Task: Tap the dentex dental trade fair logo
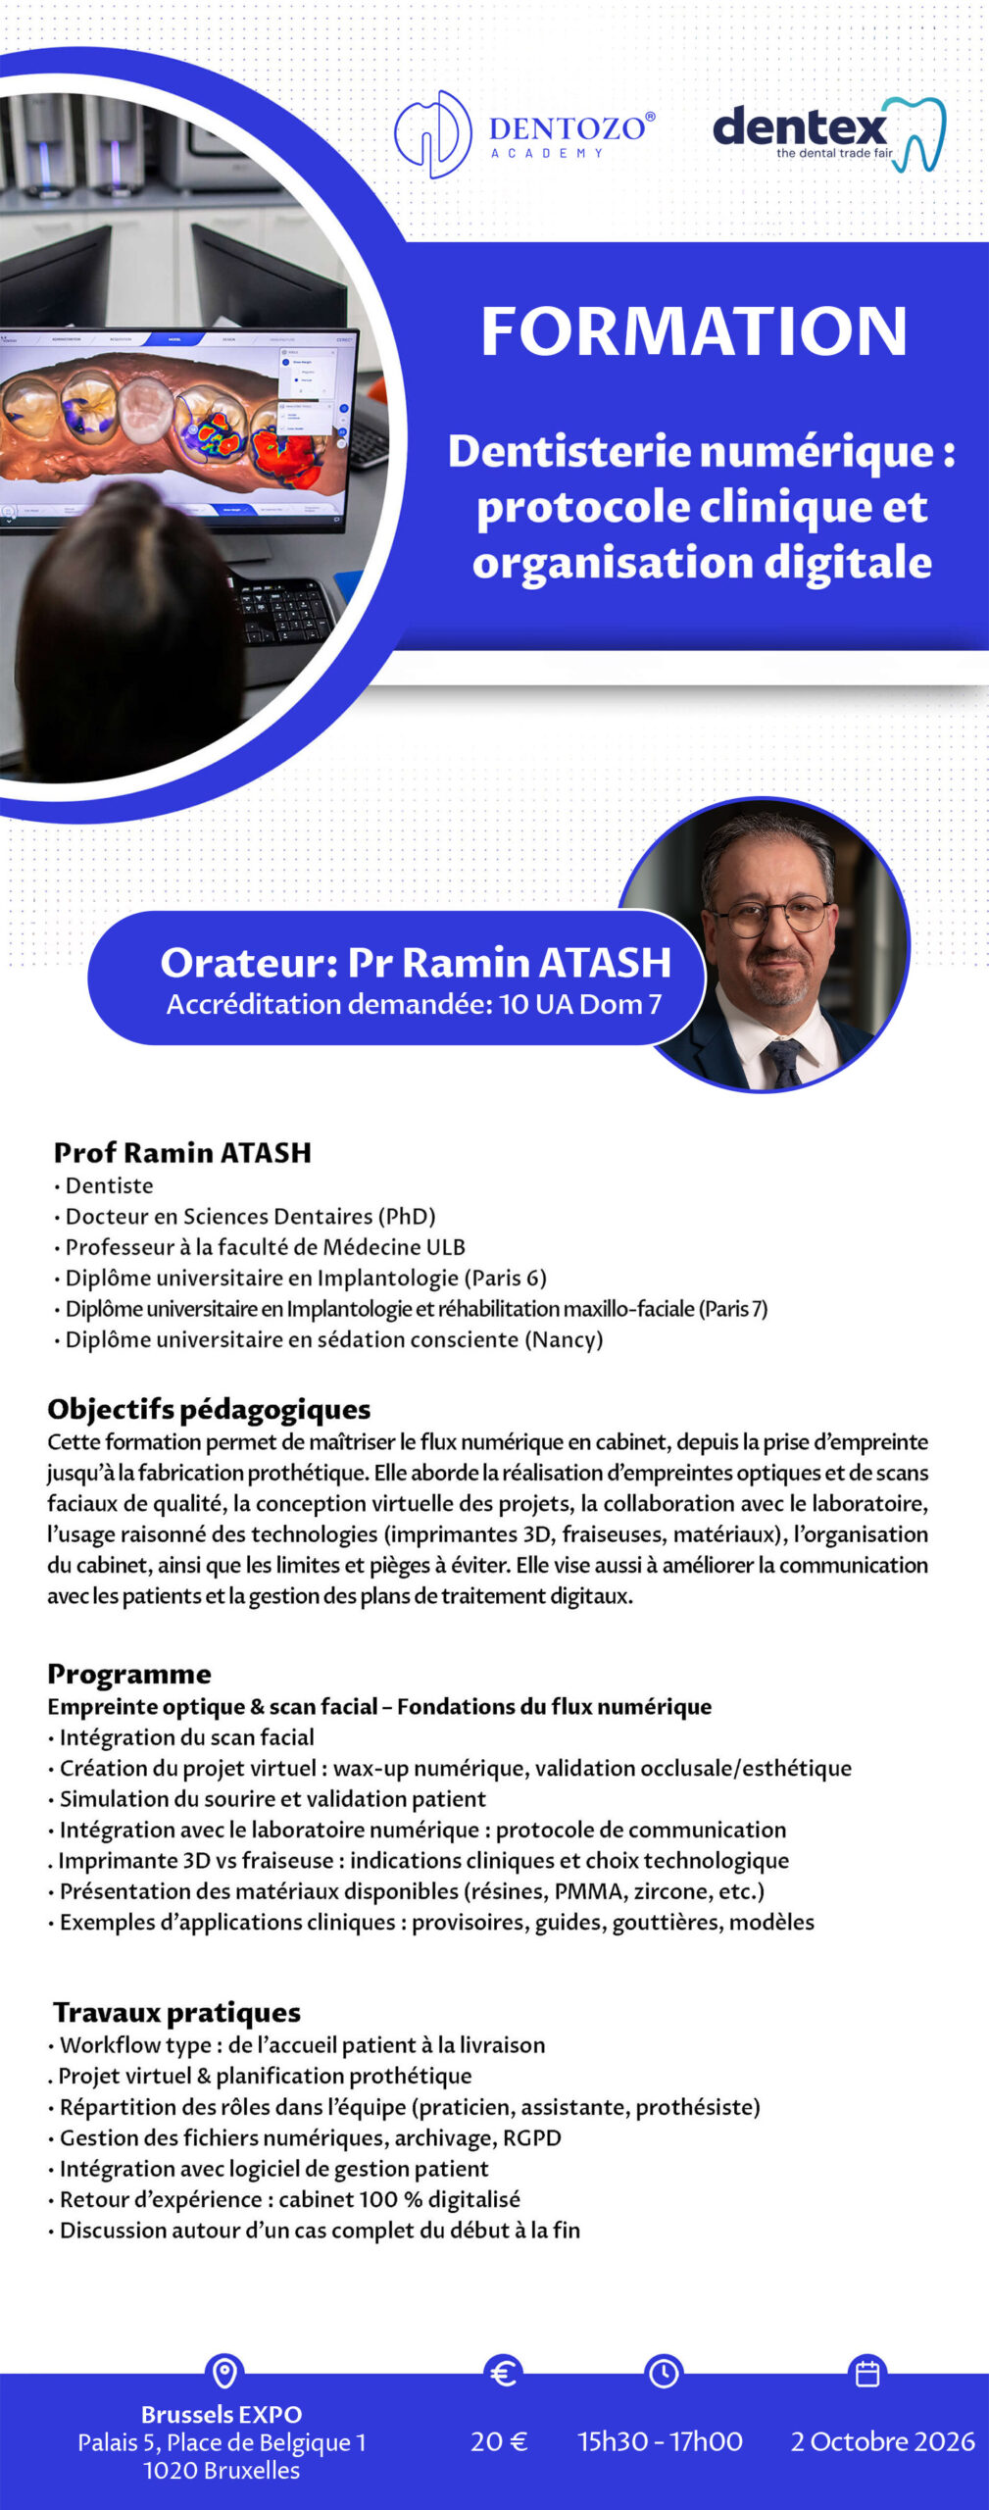coord(828,134)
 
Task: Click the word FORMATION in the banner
coord(694,331)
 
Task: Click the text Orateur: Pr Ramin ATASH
coord(416,962)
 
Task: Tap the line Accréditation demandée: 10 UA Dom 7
coord(414,1004)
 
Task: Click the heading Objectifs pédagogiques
coord(209,1409)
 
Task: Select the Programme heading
coord(129,1674)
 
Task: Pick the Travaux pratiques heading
coord(176,2012)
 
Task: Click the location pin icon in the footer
coord(224,2373)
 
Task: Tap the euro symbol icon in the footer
coord(503,2373)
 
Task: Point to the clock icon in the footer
coord(664,2373)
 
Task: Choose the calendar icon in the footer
coord(867,2373)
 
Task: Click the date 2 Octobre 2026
coord(882,2441)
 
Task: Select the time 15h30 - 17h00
coord(660,2441)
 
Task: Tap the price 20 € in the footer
coord(499,2441)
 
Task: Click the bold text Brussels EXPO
coord(222,2414)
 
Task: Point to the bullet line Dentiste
coord(109,1185)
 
